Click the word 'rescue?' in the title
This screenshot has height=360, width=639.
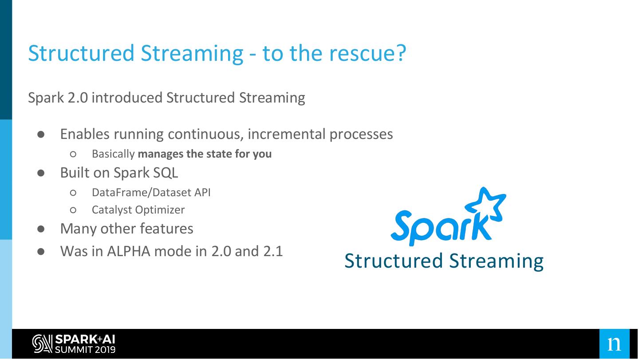click(x=367, y=53)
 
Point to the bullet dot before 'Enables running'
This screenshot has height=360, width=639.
click(x=41, y=135)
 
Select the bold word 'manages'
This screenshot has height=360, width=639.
click(x=161, y=154)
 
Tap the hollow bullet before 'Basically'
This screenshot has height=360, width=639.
click(x=73, y=154)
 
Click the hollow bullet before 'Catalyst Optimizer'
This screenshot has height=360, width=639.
click(x=73, y=210)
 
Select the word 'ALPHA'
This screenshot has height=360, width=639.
click(x=129, y=251)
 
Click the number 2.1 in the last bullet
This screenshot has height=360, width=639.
click(x=273, y=251)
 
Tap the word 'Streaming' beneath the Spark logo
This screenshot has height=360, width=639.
click(x=497, y=261)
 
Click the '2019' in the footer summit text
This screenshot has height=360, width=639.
click(x=105, y=349)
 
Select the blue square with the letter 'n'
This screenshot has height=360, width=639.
click(x=615, y=344)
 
